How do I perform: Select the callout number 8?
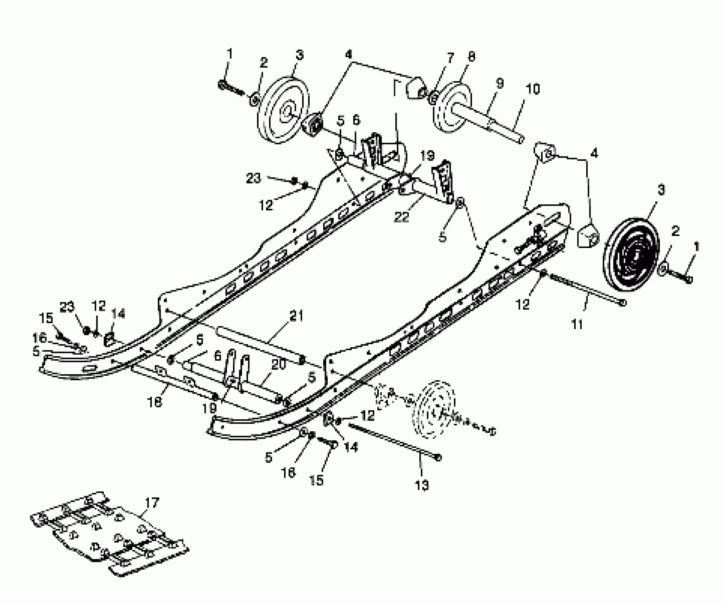point(471,57)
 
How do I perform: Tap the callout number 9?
point(499,84)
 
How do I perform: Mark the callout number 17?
point(152,503)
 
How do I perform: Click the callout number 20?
point(279,364)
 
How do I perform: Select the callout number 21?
point(297,315)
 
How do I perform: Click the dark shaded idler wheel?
point(631,253)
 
